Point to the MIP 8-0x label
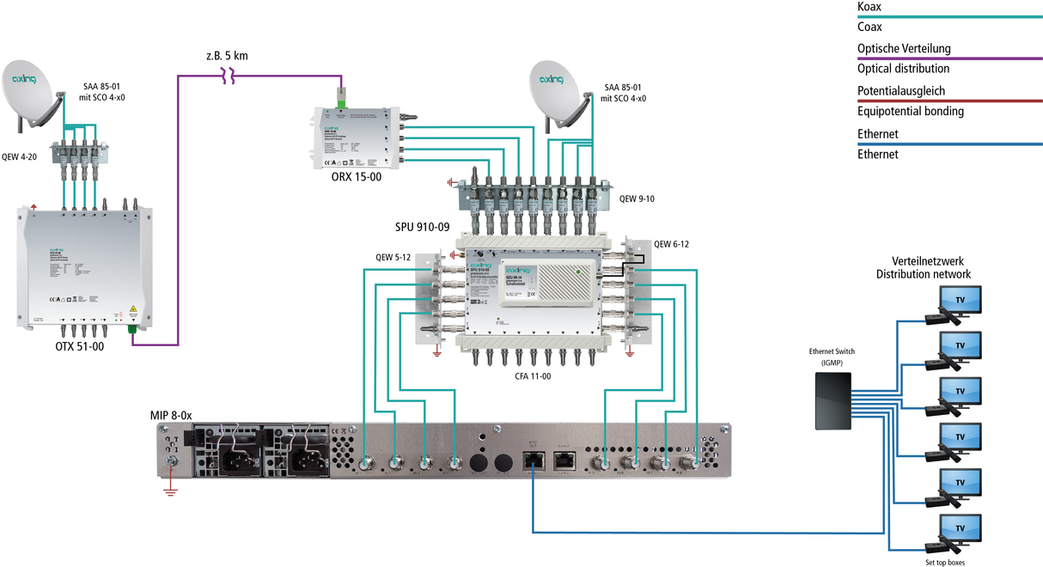tap(171, 415)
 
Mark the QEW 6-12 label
tap(671, 244)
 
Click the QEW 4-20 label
tap(21, 156)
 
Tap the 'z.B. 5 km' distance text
tap(227, 57)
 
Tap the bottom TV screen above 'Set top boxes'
tap(961, 527)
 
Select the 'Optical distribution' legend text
tap(903, 69)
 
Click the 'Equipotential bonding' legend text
tap(911, 111)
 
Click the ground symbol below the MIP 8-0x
tap(170, 490)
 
